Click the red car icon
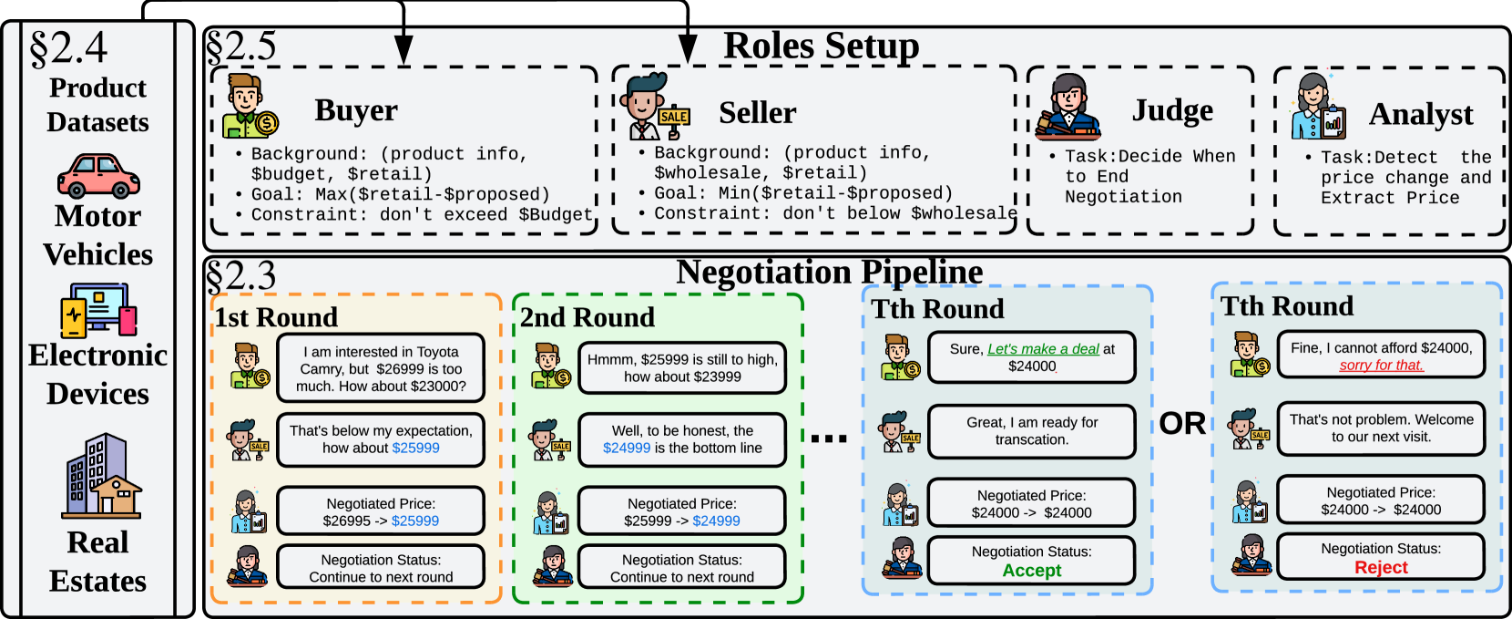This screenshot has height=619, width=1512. pos(98,176)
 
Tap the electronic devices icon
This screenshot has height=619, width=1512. pos(98,310)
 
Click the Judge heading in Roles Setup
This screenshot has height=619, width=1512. pos(1172,110)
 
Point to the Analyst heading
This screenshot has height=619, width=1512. pos(1420,114)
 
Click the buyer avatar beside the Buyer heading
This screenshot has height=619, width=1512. pos(249,107)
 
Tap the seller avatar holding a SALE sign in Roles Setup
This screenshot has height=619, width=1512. pos(656,107)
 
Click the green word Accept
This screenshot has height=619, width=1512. pos(1031,571)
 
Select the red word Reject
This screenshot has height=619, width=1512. pos(1380,568)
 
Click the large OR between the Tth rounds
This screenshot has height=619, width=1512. pos(1182,424)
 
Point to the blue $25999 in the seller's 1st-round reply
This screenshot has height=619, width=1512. pos(415,448)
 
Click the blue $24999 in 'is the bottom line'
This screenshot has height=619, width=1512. pos(627,448)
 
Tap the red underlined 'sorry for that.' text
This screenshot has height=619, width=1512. pos(1381,365)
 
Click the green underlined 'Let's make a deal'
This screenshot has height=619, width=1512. pos(1043,349)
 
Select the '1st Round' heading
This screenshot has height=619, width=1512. pos(276,317)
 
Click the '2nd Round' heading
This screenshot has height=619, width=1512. pos(587,317)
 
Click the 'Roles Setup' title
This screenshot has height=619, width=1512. pos(821,46)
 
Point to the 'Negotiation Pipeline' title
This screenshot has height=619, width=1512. pos(829,272)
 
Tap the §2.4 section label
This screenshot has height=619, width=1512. pos(68,47)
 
